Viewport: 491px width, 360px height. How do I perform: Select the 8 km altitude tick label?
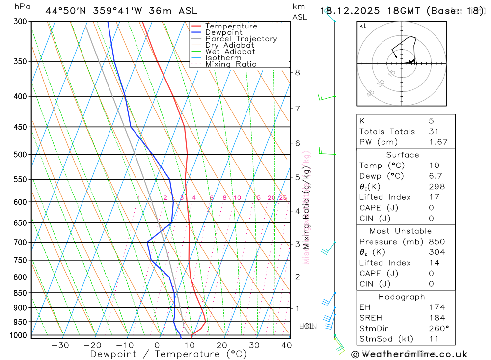coord(297,72)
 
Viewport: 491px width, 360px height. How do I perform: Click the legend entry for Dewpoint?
coord(223,32)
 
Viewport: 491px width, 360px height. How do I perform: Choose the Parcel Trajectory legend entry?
coord(241,39)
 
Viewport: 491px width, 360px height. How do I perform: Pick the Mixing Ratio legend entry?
coord(231,64)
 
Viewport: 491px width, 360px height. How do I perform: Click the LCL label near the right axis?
coord(306,326)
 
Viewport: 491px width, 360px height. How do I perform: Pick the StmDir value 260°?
coord(438,329)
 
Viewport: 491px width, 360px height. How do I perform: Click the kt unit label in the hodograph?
coord(363,26)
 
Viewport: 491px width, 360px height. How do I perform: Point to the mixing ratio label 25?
coord(283,198)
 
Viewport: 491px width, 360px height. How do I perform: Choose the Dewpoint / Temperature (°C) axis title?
coord(168,354)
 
